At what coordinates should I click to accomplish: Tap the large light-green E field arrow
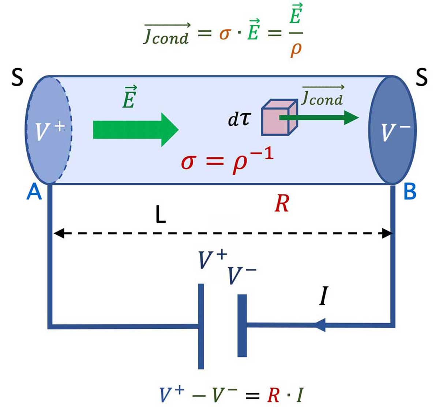(135, 130)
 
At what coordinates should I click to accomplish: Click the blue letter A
(34, 192)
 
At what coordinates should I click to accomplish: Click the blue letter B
(410, 192)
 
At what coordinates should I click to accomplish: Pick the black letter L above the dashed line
(160, 216)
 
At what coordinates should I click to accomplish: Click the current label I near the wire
(323, 297)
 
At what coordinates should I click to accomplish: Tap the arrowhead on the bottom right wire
(320, 325)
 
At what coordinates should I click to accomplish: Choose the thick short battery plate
(242, 325)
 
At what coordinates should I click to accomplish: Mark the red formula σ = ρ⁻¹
(227, 161)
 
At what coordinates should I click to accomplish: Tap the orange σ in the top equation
(225, 34)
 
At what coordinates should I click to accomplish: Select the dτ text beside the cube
(240, 120)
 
